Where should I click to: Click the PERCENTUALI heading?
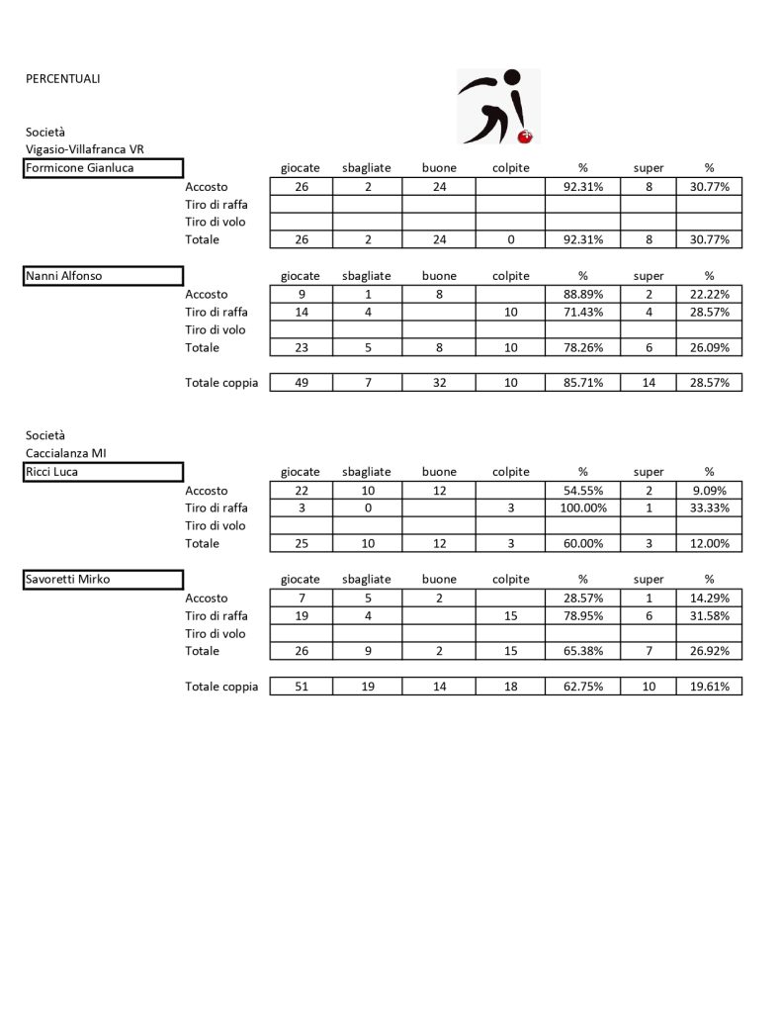click(62, 78)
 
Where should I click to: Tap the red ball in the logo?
click(526, 136)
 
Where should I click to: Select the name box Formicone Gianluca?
click(104, 168)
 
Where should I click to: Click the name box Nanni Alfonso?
click(104, 276)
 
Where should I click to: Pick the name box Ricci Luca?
click(104, 472)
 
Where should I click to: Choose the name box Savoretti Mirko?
click(104, 580)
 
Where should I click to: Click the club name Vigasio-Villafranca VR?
click(85, 149)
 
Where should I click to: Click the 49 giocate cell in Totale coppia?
click(301, 383)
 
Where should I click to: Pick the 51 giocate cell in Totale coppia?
click(301, 687)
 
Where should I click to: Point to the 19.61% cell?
click(709, 687)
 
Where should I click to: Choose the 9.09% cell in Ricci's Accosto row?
click(709, 491)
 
